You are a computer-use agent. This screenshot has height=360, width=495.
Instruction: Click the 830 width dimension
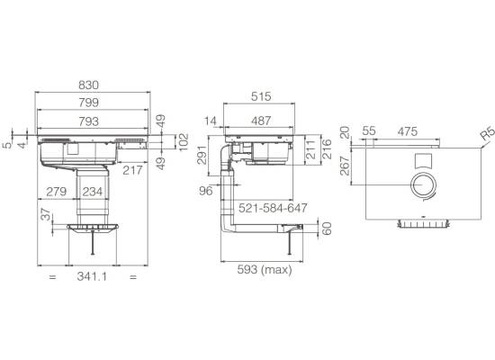click(x=88, y=85)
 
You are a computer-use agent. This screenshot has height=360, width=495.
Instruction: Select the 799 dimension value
click(x=89, y=103)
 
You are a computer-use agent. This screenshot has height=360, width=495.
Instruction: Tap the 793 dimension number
click(x=89, y=121)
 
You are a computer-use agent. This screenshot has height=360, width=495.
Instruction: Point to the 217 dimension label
click(x=132, y=170)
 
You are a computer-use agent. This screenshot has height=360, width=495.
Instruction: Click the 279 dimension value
click(x=57, y=192)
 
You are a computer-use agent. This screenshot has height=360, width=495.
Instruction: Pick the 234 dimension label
click(x=93, y=192)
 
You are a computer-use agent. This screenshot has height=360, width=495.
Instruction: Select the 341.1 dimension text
click(x=92, y=276)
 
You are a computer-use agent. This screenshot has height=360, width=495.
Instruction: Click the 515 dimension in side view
click(x=261, y=96)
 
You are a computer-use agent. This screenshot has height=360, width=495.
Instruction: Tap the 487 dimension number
click(x=261, y=121)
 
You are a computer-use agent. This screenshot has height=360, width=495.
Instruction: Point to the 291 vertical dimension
click(x=202, y=155)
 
